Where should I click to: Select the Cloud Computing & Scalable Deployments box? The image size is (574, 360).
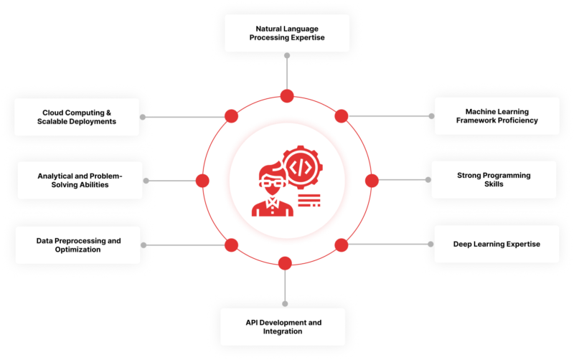tap(77, 116)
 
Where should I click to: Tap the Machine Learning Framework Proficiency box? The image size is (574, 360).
tap(497, 116)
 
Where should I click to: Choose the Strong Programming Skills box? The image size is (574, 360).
tap(494, 179)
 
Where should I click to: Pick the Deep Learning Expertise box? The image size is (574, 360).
tap(497, 244)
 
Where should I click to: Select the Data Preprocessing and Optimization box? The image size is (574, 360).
tap(77, 245)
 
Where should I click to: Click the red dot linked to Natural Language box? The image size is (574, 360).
tap(287, 96)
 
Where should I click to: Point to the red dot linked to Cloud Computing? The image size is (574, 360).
tap(231, 116)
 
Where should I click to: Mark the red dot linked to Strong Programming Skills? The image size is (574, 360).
tap(371, 180)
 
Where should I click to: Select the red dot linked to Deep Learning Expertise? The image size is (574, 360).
tap(342, 245)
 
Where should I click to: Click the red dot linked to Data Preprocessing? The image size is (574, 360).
tap(231, 245)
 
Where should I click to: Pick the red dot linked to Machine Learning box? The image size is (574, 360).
tap(342, 115)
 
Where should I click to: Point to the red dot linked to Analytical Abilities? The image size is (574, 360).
tap(202, 180)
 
